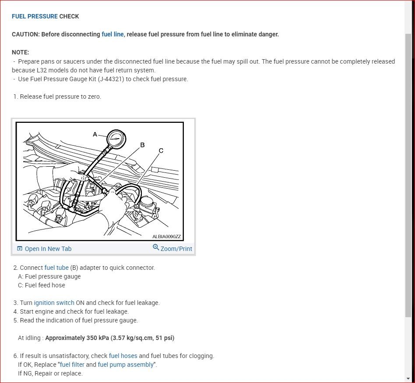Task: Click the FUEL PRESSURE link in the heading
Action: (x=35, y=16)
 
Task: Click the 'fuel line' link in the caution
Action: (x=113, y=34)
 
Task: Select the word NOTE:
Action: (x=20, y=52)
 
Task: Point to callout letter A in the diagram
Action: (x=95, y=134)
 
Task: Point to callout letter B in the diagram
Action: (x=142, y=145)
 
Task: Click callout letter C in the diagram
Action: (x=161, y=150)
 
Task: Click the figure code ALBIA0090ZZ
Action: (x=166, y=236)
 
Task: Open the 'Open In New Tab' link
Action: (x=48, y=249)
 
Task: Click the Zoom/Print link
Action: (x=176, y=249)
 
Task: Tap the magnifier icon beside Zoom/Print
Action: (x=156, y=248)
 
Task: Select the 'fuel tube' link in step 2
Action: (x=56, y=268)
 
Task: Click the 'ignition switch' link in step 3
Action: (x=54, y=303)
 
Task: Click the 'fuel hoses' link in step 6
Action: (x=123, y=356)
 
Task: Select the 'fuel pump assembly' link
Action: (x=126, y=365)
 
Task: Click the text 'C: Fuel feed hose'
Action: (x=41, y=285)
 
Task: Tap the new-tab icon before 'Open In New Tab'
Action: (x=19, y=249)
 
